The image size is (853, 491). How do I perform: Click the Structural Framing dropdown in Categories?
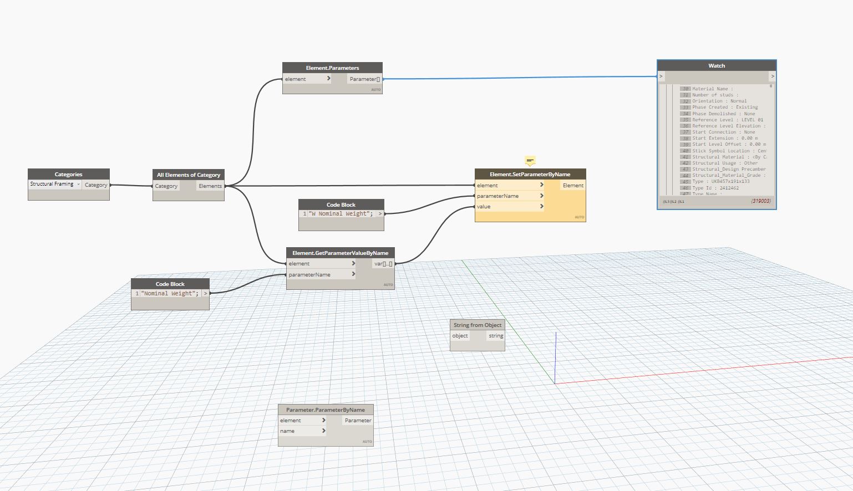tap(55, 184)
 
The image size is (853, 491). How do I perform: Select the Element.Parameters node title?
tap(332, 68)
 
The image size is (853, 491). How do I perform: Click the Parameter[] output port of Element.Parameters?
tap(364, 79)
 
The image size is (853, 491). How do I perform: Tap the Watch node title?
tap(716, 65)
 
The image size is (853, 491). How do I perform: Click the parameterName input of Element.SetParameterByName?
tap(498, 196)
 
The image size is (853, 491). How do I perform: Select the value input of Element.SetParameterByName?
tap(484, 207)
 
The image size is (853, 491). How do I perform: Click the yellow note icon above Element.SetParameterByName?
tap(530, 161)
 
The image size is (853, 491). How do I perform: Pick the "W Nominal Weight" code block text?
tap(341, 214)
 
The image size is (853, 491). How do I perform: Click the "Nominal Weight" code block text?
tap(170, 294)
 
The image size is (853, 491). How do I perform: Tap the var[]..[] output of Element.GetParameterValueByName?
tap(383, 264)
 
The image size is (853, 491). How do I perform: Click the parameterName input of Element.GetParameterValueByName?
tap(309, 275)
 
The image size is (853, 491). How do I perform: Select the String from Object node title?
tap(477, 325)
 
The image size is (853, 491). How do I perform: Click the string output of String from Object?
tap(496, 336)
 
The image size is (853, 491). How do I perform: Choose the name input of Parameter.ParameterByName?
tap(288, 431)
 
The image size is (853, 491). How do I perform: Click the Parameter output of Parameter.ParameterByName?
tap(358, 421)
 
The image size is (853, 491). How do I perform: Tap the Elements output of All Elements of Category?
tap(210, 186)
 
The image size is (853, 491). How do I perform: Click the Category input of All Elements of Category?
tap(166, 186)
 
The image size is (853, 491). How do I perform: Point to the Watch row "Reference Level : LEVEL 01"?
tap(727, 120)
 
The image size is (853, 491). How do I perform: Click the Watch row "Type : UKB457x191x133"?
tap(720, 181)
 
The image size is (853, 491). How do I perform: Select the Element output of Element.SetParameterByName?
tap(573, 186)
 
